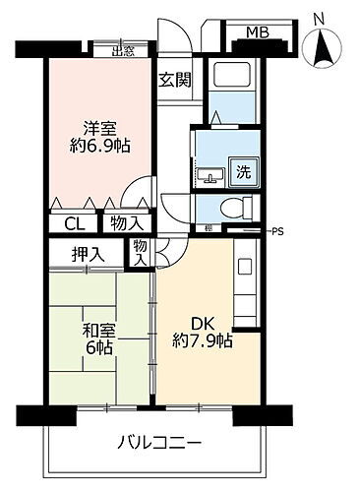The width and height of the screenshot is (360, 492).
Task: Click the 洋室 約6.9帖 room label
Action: pyautogui.click(x=102, y=135)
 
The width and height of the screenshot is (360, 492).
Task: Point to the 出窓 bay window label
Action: pyautogui.click(x=123, y=53)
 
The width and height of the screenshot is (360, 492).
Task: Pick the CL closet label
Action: pyautogui.click(x=74, y=224)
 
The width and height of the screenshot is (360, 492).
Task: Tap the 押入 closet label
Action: pyautogui.click(x=89, y=254)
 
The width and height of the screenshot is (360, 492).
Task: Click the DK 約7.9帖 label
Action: pyautogui.click(x=203, y=332)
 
